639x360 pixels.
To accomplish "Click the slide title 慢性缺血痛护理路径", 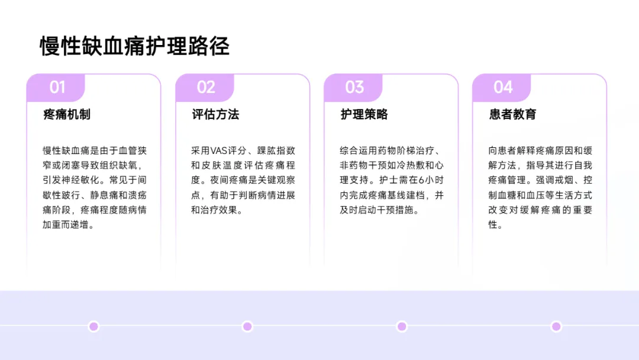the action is pyautogui.click(x=134, y=46).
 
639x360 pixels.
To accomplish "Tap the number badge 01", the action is pyautogui.click(x=57, y=88).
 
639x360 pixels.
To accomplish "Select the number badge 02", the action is pyautogui.click(x=205, y=88).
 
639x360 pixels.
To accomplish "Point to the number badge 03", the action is pyautogui.click(x=354, y=88).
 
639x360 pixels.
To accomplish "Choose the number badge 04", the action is pyautogui.click(x=502, y=88).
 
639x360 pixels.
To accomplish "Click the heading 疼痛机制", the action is pyautogui.click(x=67, y=114).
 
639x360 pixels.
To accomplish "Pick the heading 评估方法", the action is pyautogui.click(x=215, y=114).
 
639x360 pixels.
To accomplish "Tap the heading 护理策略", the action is pyautogui.click(x=364, y=114).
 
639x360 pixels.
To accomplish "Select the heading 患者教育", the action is pyautogui.click(x=512, y=114).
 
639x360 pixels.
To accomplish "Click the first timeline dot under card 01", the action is pyautogui.click(x=93, y=326).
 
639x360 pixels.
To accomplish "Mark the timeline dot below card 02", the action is pyautogui.click(x=247, y=326).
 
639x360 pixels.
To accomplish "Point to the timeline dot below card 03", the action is pyautogui.click(x=402, y=326).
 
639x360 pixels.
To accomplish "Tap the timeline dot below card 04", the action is pyautogui.click(x=556, y=326).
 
